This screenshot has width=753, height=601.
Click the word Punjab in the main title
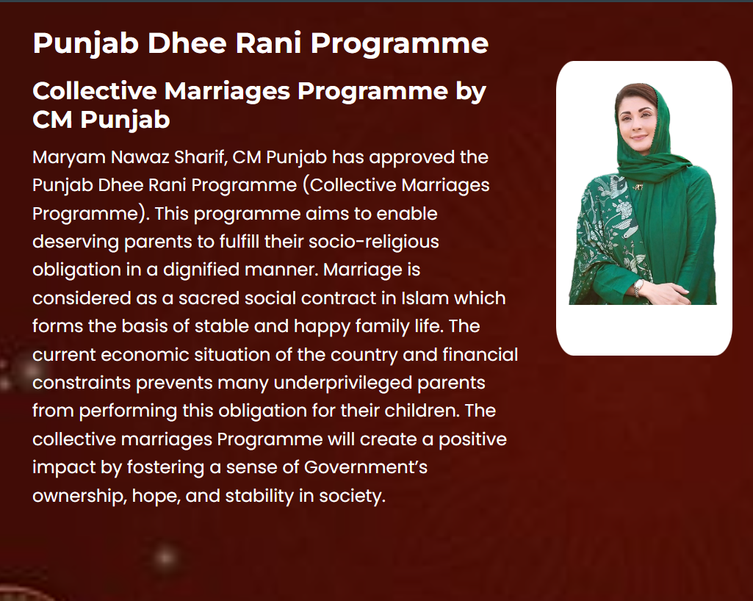click(x=86, y=44)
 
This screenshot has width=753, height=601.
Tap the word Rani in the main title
click(x=268, y=43)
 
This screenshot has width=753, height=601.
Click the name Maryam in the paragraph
click(x=68, y=158)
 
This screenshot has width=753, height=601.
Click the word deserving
click(x=76, y=242)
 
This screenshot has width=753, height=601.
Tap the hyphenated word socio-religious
click(x=374, y=242)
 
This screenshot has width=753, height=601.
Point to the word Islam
click(x=425, y=298)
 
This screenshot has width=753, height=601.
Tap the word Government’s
click(x=365, y=467)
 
